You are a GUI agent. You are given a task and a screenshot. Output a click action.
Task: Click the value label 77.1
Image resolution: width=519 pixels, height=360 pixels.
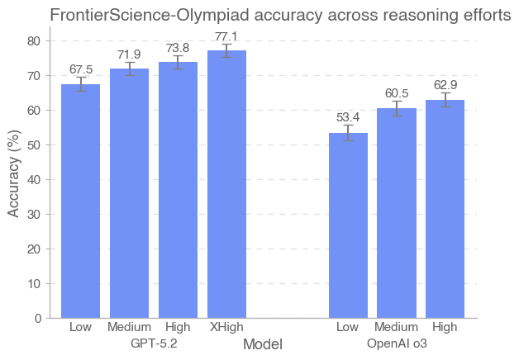click(226, 37)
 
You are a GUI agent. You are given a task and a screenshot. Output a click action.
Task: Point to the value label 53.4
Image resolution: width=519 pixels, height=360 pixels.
click(348, 118)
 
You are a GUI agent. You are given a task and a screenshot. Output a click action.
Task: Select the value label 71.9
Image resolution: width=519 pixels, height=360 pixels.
click(129, 54)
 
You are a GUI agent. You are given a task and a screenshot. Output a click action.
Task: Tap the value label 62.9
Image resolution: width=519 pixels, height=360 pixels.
click(445, 85)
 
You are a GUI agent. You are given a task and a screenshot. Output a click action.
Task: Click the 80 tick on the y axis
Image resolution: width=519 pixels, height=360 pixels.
click(36, 40)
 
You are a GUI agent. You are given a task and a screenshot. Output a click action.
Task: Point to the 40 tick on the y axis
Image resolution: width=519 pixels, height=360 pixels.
click(36, 179)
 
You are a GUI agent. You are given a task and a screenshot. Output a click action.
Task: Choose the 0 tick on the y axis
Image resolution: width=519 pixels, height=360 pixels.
click(39, 318)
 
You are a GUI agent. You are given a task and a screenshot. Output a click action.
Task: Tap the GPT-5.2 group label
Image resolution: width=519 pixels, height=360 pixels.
click(154, 343)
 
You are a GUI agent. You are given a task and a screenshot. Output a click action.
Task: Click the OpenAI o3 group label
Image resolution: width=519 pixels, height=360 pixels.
click(397, 343)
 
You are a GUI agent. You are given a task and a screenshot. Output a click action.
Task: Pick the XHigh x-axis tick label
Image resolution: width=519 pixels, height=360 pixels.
click(226, 328)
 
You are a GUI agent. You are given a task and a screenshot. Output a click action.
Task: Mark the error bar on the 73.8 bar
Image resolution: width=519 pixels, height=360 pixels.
click(178, 62)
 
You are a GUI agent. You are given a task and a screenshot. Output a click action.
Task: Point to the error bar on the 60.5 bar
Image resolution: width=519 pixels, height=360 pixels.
click(397, 108)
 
